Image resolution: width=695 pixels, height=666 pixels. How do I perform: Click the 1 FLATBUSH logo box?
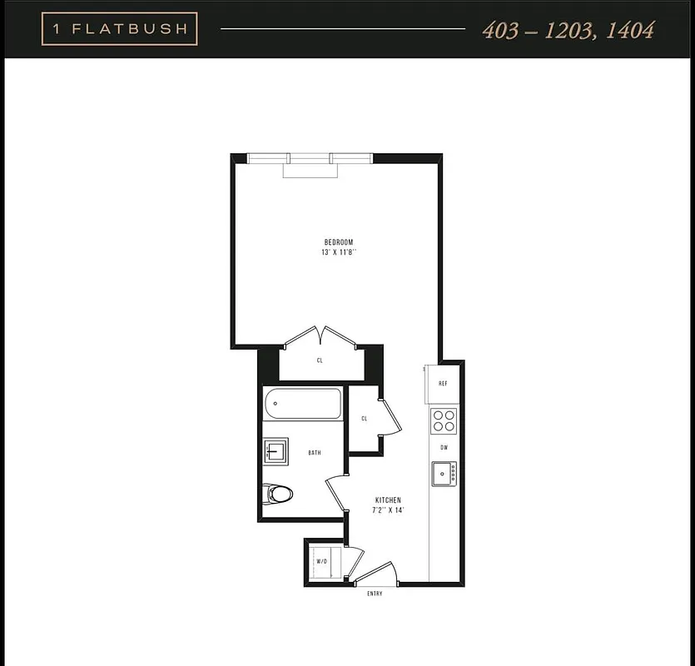pyautogui.click(x=119, y=30)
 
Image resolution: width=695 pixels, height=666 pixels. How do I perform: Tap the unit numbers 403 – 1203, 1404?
pyautogui.click(x=568, y=31)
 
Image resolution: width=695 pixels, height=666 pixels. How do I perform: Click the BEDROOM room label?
pyautogui.click(x=339, y=242)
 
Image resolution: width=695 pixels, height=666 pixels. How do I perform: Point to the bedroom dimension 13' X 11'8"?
pyautogui.click(x=339, y=252)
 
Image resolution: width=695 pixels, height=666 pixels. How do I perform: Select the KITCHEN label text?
pyautogui.click(x=388, y=500)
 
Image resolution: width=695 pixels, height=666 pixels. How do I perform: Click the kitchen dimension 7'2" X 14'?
pyautogui.click(x=388, y=510)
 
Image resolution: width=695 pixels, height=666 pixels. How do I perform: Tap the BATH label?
pyautogui.click(x=315, y=453)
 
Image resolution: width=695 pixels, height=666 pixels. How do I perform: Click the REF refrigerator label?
pyautogui.click(x=444, y=385)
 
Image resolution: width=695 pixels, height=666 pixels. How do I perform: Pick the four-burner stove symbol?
pyautogui.click(x=444, y=420)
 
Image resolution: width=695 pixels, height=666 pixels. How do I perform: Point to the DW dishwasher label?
pyautogui.click(x=444, y=448)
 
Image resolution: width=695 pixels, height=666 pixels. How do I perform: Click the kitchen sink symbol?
pyautogui.click(x=444, y=474)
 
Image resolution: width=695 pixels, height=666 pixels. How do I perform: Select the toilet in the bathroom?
pyautogui.click(x=278, y=495)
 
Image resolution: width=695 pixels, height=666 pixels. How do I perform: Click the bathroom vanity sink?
pyautogui.click(x=276, y=452)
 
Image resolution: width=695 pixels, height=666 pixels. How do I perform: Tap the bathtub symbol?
pyautogui.click(x=303, y=405)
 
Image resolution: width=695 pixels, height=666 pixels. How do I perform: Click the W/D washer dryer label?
pyautogui.click(x=321, y=561)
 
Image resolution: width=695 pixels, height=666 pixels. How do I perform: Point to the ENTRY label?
pyautogui.click(x=375, y=594)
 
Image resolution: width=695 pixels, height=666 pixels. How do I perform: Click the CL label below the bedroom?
pyautogui.click(x=320, y=360)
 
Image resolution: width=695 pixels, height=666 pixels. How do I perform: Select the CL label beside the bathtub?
pyautogui.click(x=365, y=419)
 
